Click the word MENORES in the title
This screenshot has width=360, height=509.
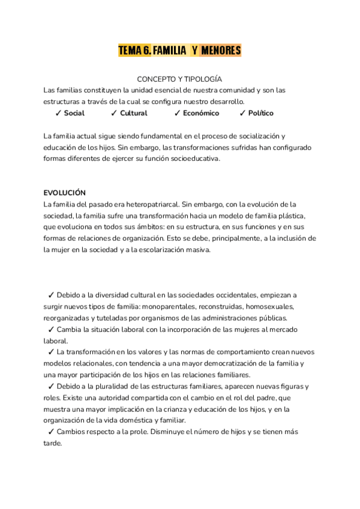click(221, 51)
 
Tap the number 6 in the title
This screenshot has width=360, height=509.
click(147, 51)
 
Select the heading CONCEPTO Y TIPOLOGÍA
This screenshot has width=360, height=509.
click(179, 79)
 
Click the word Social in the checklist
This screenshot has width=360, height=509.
click(74, 113)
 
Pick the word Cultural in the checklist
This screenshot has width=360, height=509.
click(133, 113)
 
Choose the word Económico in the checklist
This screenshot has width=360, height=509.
click(201, 113)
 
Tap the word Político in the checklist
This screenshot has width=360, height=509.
click(261, 113)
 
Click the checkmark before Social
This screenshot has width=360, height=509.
click(58, 113)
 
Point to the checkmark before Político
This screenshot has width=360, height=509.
click(242, 113)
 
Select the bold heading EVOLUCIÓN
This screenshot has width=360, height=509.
click(65, 193)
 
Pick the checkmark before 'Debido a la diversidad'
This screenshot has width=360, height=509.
click(50, 295)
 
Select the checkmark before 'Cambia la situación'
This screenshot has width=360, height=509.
click(50, 330)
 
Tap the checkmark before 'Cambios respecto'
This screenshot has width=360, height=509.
click(50, 432)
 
